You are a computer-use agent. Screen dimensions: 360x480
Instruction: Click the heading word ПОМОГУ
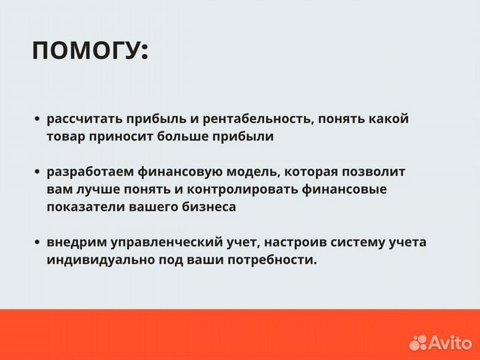[89, 51]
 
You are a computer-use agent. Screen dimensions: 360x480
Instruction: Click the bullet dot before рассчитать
[37, 120]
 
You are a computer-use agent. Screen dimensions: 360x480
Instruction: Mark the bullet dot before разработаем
[37, 172]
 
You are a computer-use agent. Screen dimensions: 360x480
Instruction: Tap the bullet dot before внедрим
[37, 243]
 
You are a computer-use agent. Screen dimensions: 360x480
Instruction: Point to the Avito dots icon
[418, 343]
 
